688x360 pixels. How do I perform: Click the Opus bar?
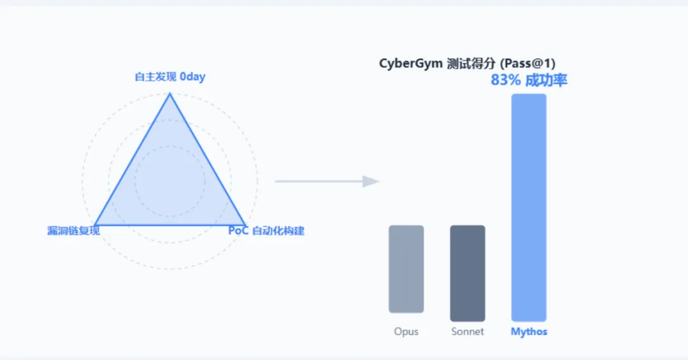coord(406,269)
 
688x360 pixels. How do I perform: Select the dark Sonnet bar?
coord(467,273)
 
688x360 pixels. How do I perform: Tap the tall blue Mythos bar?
coord(529,207)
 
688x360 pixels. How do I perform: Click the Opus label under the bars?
coord(406,332)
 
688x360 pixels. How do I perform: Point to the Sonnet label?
coord(467,332)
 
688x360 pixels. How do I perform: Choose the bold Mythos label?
coord(529,332)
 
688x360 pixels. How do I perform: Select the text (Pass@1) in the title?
coord(528,64)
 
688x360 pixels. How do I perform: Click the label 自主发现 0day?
coord(169,77)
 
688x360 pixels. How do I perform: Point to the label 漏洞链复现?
coord(73,231)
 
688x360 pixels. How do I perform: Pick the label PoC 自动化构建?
coord(266,231)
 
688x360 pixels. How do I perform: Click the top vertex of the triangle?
coord(169,94)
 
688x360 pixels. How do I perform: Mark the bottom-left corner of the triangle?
coord(95,225)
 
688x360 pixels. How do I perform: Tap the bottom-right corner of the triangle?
coord(245,225)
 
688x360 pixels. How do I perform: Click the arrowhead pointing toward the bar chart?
coord(371,182)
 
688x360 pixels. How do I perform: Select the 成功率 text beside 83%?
coord(546,80)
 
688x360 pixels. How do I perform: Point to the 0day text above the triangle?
coord(192,77)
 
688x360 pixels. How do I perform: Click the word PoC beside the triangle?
coord(238,231)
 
